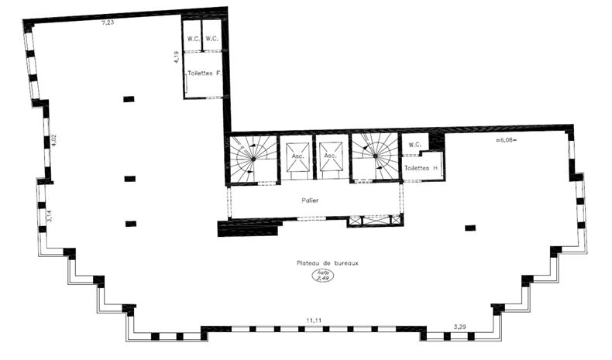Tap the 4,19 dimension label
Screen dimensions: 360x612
point(177,56)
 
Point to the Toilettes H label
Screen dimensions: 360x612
point(421,168)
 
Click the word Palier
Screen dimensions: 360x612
point(311,200)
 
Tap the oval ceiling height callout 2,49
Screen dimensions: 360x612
point(321,276)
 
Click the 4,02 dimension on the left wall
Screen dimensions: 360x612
point(54,141)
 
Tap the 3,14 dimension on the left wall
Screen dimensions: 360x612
point(50,215)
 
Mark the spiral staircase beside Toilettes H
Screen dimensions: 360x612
point(374,157)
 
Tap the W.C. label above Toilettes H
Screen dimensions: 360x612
point(414,144)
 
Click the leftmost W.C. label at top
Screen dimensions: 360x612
point(193,38)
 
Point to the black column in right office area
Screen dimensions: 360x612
point(469,228)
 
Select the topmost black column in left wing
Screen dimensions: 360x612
point(129,99)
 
